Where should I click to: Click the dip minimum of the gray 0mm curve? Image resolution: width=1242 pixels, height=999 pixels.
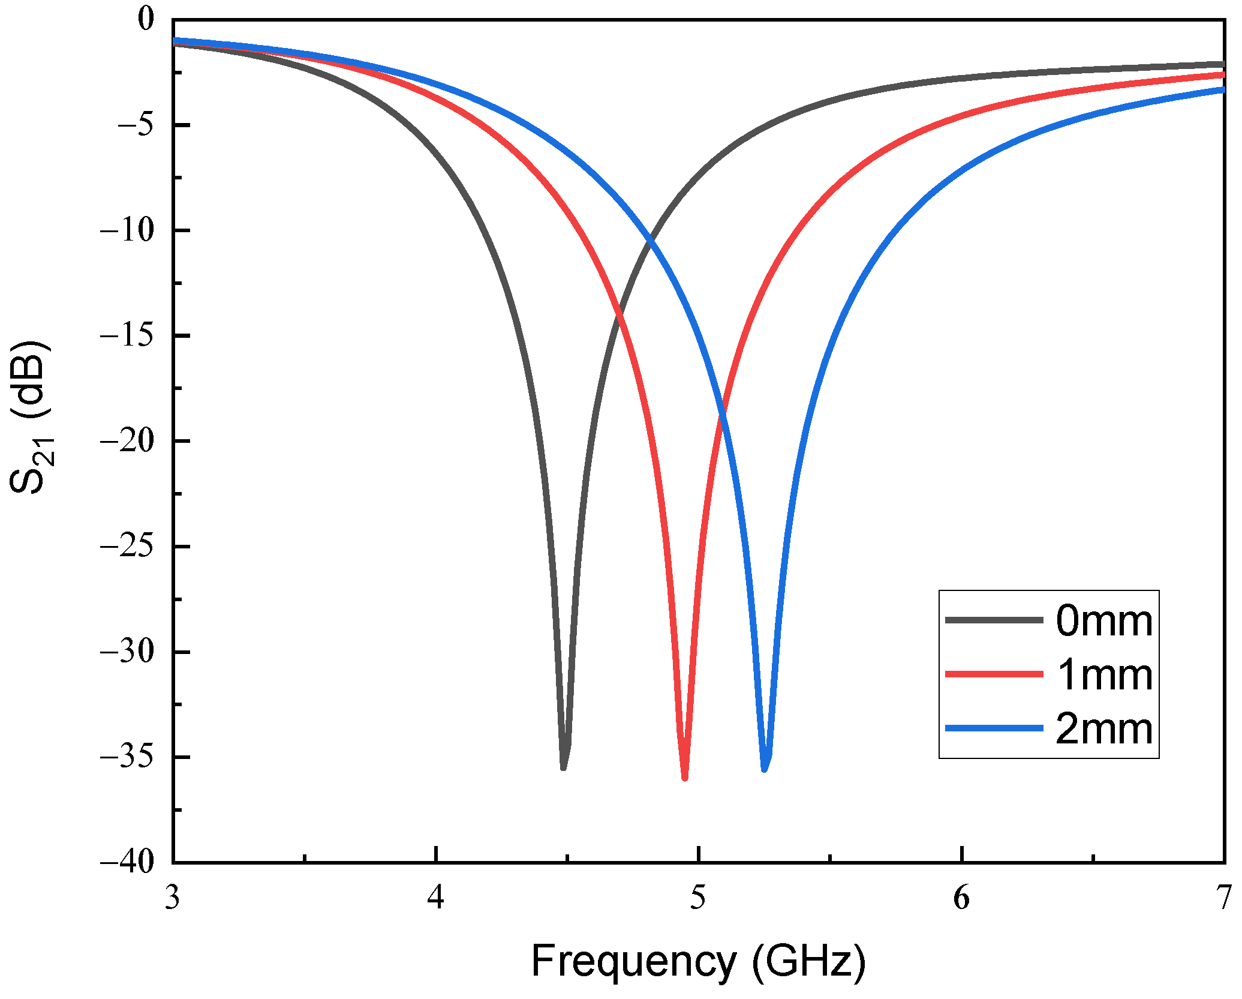click(x=563, y=766)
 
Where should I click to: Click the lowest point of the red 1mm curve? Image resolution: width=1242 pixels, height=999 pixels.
click(x=684, y=777)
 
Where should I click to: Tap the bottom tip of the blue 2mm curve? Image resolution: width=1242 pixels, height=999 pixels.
click(x=765, y=769)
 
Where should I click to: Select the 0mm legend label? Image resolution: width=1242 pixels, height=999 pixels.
click(x=1103, y=621)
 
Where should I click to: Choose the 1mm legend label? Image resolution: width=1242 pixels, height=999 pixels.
click(x=1103, y=675)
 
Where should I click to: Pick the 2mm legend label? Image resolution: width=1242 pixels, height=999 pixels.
click(x=1103, y=729)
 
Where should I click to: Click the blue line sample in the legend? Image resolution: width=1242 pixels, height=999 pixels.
click(x=994, y=728)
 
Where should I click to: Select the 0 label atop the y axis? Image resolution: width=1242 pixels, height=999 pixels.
click(x=146, y=19)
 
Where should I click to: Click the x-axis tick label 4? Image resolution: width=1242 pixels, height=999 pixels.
click(x=436, y=898)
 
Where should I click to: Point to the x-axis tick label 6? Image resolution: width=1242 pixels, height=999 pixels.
click(x=961, y=898)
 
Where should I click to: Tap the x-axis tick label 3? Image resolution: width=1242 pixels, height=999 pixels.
click(x=173, y=898)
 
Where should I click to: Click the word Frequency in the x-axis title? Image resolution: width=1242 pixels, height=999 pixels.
click(x=633, y=961)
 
